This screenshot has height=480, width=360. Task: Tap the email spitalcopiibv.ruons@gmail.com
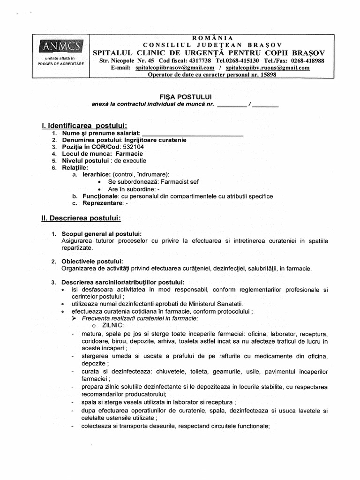coord(268,67)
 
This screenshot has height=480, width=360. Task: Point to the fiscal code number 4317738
coord(200,61)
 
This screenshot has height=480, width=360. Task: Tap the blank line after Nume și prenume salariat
coord(192,134)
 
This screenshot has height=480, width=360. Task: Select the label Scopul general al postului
coord(102,234)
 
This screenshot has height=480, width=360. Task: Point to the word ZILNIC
coord(111,325)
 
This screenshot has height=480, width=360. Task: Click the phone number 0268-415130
coord(242,61)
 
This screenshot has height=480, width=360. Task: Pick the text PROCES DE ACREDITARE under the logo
coord(61,63)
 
